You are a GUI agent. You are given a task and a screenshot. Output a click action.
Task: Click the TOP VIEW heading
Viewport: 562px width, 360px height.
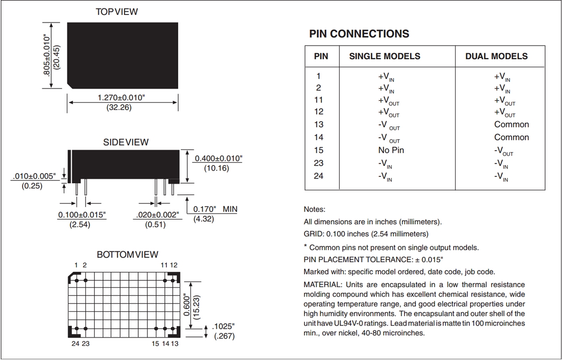point(117,12)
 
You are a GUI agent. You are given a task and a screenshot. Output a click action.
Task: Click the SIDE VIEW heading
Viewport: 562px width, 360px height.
point(126,142)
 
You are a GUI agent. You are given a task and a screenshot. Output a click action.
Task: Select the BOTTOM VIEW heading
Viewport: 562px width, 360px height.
point(127,255)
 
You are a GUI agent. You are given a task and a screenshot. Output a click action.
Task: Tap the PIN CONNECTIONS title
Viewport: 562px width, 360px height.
point(359,34)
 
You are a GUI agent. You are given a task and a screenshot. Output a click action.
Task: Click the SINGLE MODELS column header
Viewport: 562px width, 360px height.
point(385,56)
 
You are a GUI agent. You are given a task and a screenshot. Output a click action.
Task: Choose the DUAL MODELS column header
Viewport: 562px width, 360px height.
point(496,56)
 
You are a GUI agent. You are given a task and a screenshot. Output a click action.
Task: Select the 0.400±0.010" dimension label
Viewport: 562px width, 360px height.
point(218,158)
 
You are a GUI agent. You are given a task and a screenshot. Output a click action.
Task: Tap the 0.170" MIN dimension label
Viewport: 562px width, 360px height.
point(215,209)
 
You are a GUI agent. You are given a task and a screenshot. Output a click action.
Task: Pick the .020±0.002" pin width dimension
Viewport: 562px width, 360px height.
point(156,215)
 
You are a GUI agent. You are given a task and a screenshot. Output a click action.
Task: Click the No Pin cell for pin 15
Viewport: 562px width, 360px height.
point(391,150)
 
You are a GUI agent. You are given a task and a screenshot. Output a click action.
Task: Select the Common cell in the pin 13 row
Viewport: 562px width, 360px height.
point(512,125)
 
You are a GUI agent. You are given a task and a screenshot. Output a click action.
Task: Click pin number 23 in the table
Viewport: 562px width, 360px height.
point(319,163)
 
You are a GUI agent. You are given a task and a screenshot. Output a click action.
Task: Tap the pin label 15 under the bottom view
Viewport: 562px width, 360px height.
point(155,344)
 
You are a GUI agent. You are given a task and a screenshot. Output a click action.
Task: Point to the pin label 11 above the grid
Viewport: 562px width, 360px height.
point(164,265)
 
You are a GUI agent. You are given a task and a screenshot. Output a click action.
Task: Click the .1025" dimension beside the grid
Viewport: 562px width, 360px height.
point(223,327)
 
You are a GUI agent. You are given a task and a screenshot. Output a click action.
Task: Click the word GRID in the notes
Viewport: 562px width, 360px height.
point(313,234)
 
